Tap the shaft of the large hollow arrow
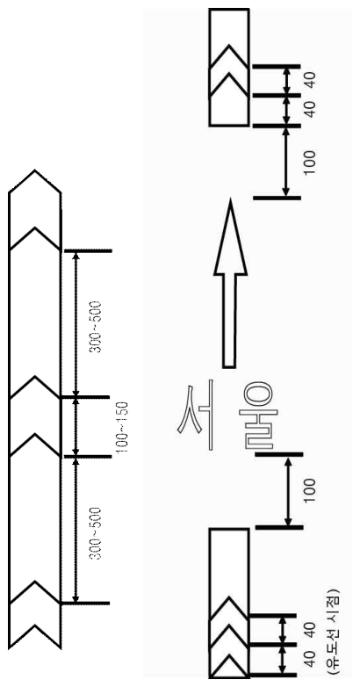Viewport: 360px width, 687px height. pyautogui.click(x=229, y=321)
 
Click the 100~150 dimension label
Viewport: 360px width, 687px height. pyautogui.click(x=122, y=426)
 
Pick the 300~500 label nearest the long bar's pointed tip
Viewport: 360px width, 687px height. pyautogui.click(x=96, y=328)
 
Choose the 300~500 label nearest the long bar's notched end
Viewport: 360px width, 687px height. pyautogui.click(x=96, y=532)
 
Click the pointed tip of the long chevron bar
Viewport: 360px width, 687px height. pyautogui.click(x=35, y=170)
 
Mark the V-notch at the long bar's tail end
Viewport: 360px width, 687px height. pyautogui.click(x=34, y=626)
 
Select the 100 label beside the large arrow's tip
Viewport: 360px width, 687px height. pyautogui.click(x=309, y=163)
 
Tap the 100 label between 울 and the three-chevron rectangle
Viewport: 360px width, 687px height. pyautogui.click(x=309, y=490)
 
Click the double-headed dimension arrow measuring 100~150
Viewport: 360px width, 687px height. pyautogui.click(x=76, y=427)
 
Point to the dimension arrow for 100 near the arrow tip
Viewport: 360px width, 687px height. pyautogui.click(x=286, y=162)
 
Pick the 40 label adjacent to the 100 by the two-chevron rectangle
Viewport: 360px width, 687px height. pyautogui.click(x=310, y=111)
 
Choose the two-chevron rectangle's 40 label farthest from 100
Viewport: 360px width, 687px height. pyautogui.click(x=310, y=80)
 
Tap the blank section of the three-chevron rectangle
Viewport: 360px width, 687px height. pyautogui.click(x=229, y=561)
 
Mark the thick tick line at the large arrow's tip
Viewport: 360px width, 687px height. pyautogui.click(x=277, y=198)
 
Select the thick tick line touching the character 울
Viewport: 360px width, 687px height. pyautogui.click(x=278, y=454)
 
